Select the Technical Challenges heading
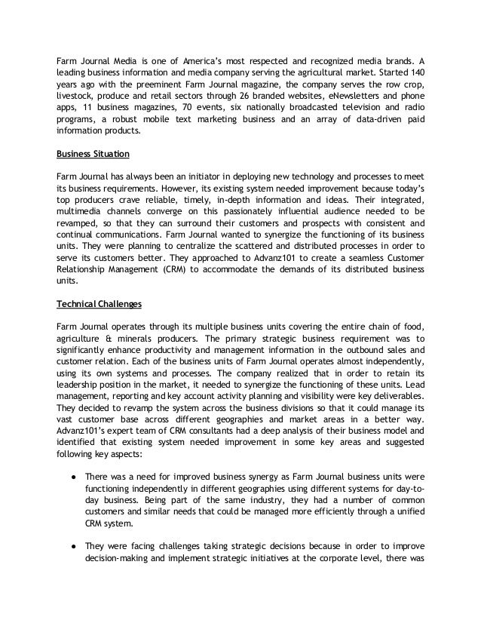pyautogui.click(x=95, y=305)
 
